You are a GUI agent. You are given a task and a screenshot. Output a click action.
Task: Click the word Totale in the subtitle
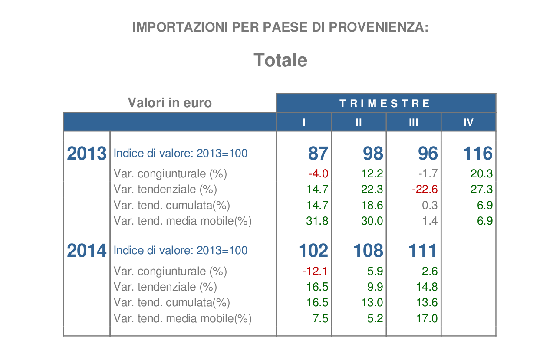[x=280, y=60]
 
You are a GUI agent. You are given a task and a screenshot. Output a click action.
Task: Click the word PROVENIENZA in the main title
[x=379, y=27]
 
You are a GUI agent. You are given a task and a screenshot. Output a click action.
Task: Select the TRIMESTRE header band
[x=386, y=103]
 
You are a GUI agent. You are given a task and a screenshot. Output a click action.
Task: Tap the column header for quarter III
[x=414, y=122]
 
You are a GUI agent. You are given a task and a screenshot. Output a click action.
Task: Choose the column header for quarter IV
[x=468, y=122]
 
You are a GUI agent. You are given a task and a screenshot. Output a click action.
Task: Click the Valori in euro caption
[x=170, y=103]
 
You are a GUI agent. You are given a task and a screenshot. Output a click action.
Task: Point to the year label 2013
[x=87, y=153]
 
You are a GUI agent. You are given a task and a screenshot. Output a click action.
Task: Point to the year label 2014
[x=87, y=250]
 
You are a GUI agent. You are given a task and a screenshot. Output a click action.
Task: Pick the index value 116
[x=478, y=153]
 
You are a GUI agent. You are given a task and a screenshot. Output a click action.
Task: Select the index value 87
[x=318, y=153]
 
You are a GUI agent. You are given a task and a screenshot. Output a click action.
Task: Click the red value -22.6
[x=425, y=189]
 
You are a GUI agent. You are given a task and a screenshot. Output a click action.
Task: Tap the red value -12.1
[x=315, y=271]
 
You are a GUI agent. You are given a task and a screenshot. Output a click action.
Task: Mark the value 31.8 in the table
[x=317, y=221]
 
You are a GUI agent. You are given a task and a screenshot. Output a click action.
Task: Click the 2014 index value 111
[x=423, y=250]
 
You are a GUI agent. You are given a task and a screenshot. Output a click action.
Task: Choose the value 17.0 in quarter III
[x=427, y=318]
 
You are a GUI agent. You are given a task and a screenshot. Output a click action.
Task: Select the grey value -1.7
[x=428, y=173]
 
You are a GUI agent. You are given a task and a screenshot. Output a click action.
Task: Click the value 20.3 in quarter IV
[x=481, y=173]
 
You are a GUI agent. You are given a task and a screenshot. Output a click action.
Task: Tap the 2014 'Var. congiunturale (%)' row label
[x=170, y=272]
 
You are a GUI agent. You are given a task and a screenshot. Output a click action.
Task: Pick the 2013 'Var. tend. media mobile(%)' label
[x=182, y=221]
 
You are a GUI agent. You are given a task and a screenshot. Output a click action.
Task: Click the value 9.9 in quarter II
[x=375, y=287]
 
